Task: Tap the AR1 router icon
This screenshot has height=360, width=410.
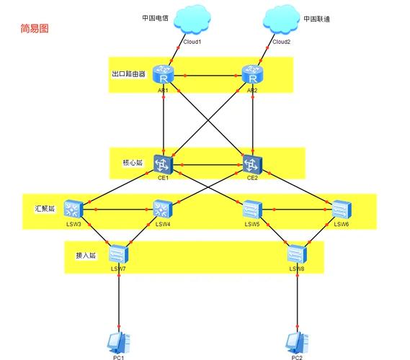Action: point(164,75)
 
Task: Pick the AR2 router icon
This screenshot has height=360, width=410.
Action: point(252,75)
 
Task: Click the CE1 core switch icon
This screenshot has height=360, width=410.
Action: point(164,163)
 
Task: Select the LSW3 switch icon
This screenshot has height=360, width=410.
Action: point(73,210)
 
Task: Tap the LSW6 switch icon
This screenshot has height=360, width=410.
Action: point(342,210)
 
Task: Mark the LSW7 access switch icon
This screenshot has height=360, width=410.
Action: point(118,254)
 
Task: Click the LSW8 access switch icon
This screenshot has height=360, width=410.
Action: point(296,254)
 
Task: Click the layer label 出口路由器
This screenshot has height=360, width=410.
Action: point(128,74)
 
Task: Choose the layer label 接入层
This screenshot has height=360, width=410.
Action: point(86,256)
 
